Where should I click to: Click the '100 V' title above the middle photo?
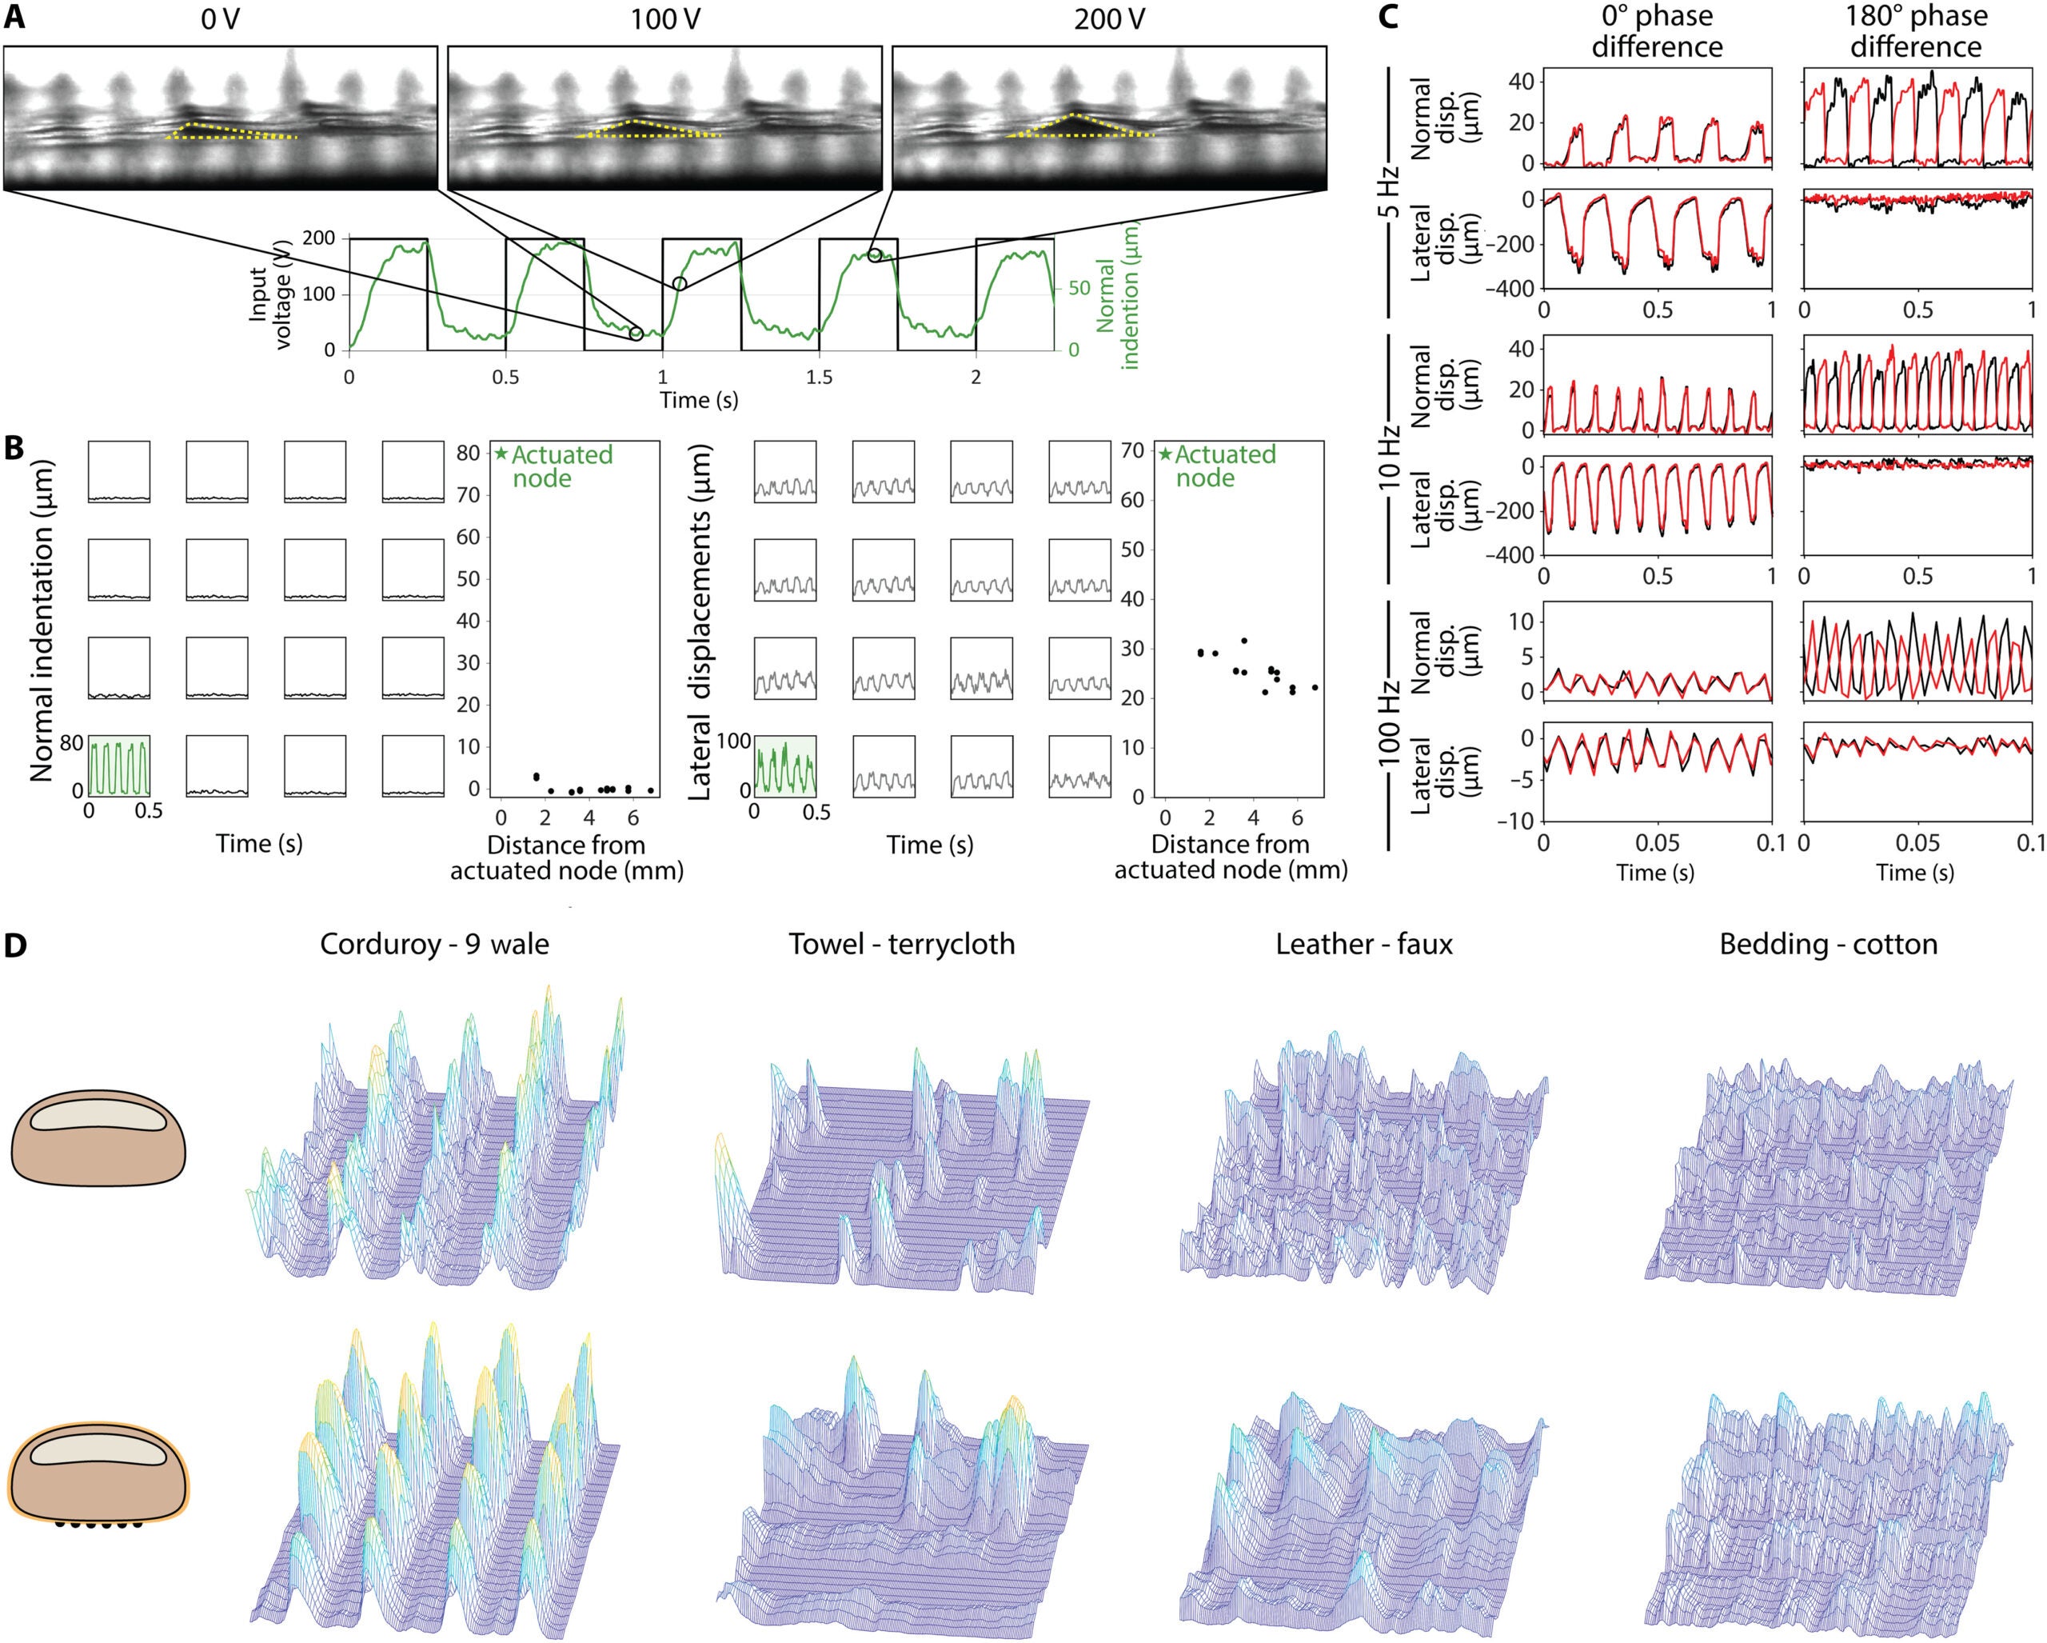pos(664,19)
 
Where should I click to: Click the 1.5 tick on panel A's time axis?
pos(819,377)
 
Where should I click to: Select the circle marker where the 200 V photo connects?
pos(875,254)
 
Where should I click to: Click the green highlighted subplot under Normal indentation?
pos(118,766)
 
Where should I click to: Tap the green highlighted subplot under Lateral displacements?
pos(784,766)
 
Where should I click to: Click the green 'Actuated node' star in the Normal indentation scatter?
pos(501,455)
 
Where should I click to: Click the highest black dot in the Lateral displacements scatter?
pos(1243,641)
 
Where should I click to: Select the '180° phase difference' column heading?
pos(1916,31)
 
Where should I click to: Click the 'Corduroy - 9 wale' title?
pos(434,944)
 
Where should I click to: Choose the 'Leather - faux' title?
pos(1363,944)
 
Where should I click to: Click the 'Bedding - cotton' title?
pos(1828,944)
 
